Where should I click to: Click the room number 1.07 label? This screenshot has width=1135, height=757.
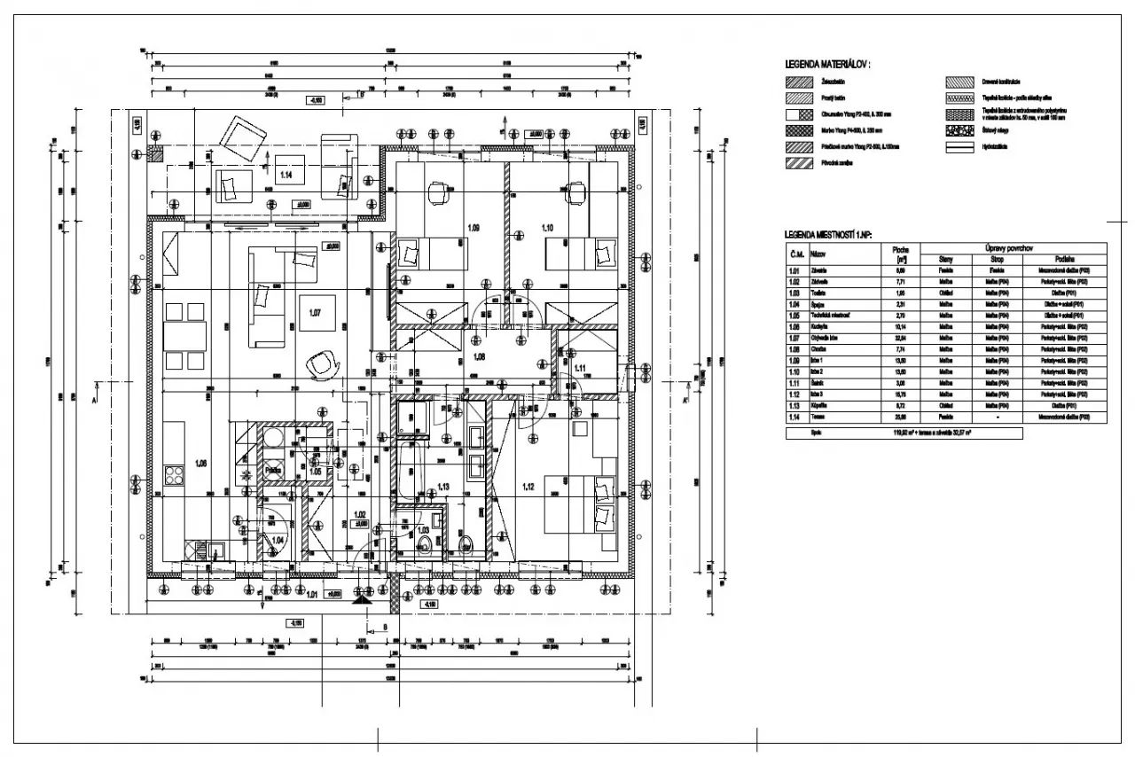(x=314, y=313)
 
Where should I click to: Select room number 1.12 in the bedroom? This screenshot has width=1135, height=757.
(x=528, y=486)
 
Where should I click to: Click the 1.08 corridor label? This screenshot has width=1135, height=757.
(x=480, y=356)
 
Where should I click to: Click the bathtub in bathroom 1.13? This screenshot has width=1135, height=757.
(x=409, y=470)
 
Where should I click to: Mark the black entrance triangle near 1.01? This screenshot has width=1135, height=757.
(x=363, y=600)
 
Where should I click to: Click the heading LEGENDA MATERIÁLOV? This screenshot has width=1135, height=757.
(x=827, y=65)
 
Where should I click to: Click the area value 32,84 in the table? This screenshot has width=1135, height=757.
(x=900, y=338)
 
